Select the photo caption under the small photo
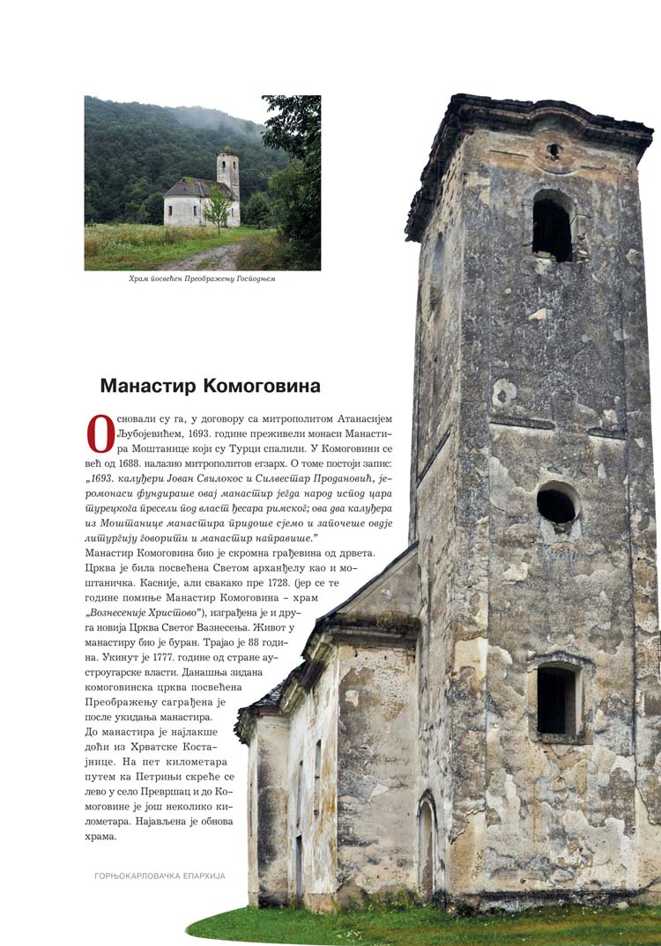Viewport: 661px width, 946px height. point(202,279)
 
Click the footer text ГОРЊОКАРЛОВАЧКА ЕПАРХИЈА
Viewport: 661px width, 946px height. point(160,876)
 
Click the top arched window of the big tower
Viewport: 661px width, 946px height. point(553,226)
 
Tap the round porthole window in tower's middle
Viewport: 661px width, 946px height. point(557,503)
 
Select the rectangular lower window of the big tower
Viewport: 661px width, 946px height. point(557,699)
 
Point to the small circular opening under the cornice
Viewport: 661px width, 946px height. point(553,151)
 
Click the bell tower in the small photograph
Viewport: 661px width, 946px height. point(228,174)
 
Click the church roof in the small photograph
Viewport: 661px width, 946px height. point(193,187)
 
